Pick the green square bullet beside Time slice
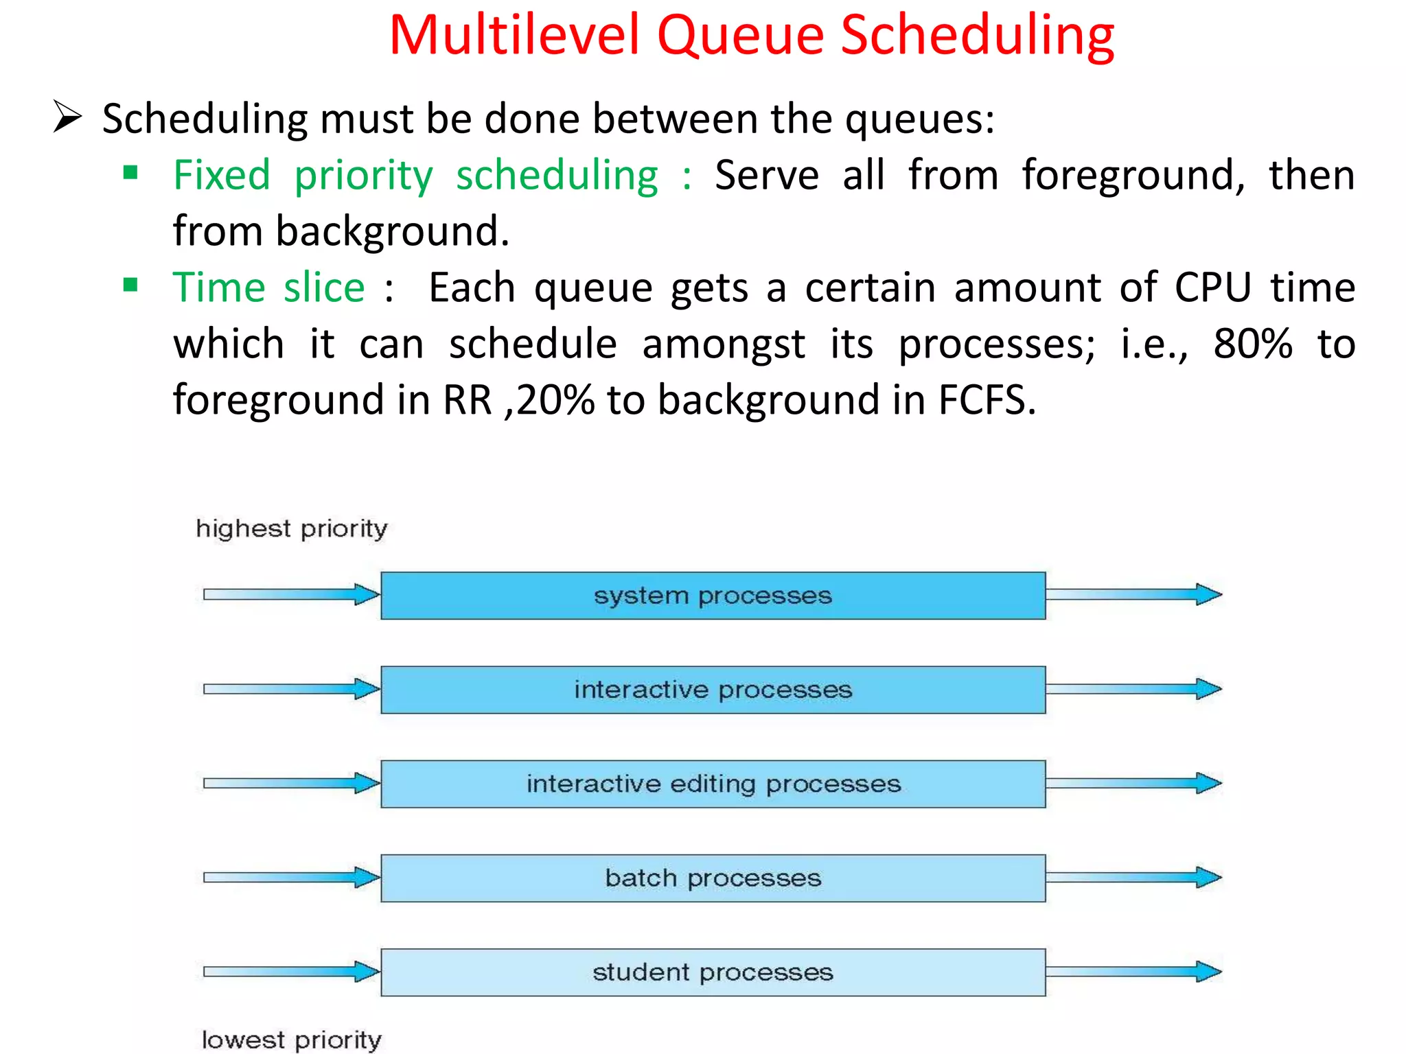(x=130, y=284)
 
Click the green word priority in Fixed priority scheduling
(x=364, y=176)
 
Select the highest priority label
(x=292, y=529)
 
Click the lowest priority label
(x=292, y=1040)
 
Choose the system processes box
(x=713, y=596)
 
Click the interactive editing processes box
(x=713, y=784)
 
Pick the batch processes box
(x=713, y=878)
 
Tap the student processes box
(x=713, y=972)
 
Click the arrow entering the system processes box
(x=292, y=594)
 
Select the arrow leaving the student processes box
(x=1133, y=971)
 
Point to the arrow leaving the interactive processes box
(x=1133, y=688)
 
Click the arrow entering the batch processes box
(x=292, y=877)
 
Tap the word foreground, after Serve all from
(x=1133, y=176)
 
